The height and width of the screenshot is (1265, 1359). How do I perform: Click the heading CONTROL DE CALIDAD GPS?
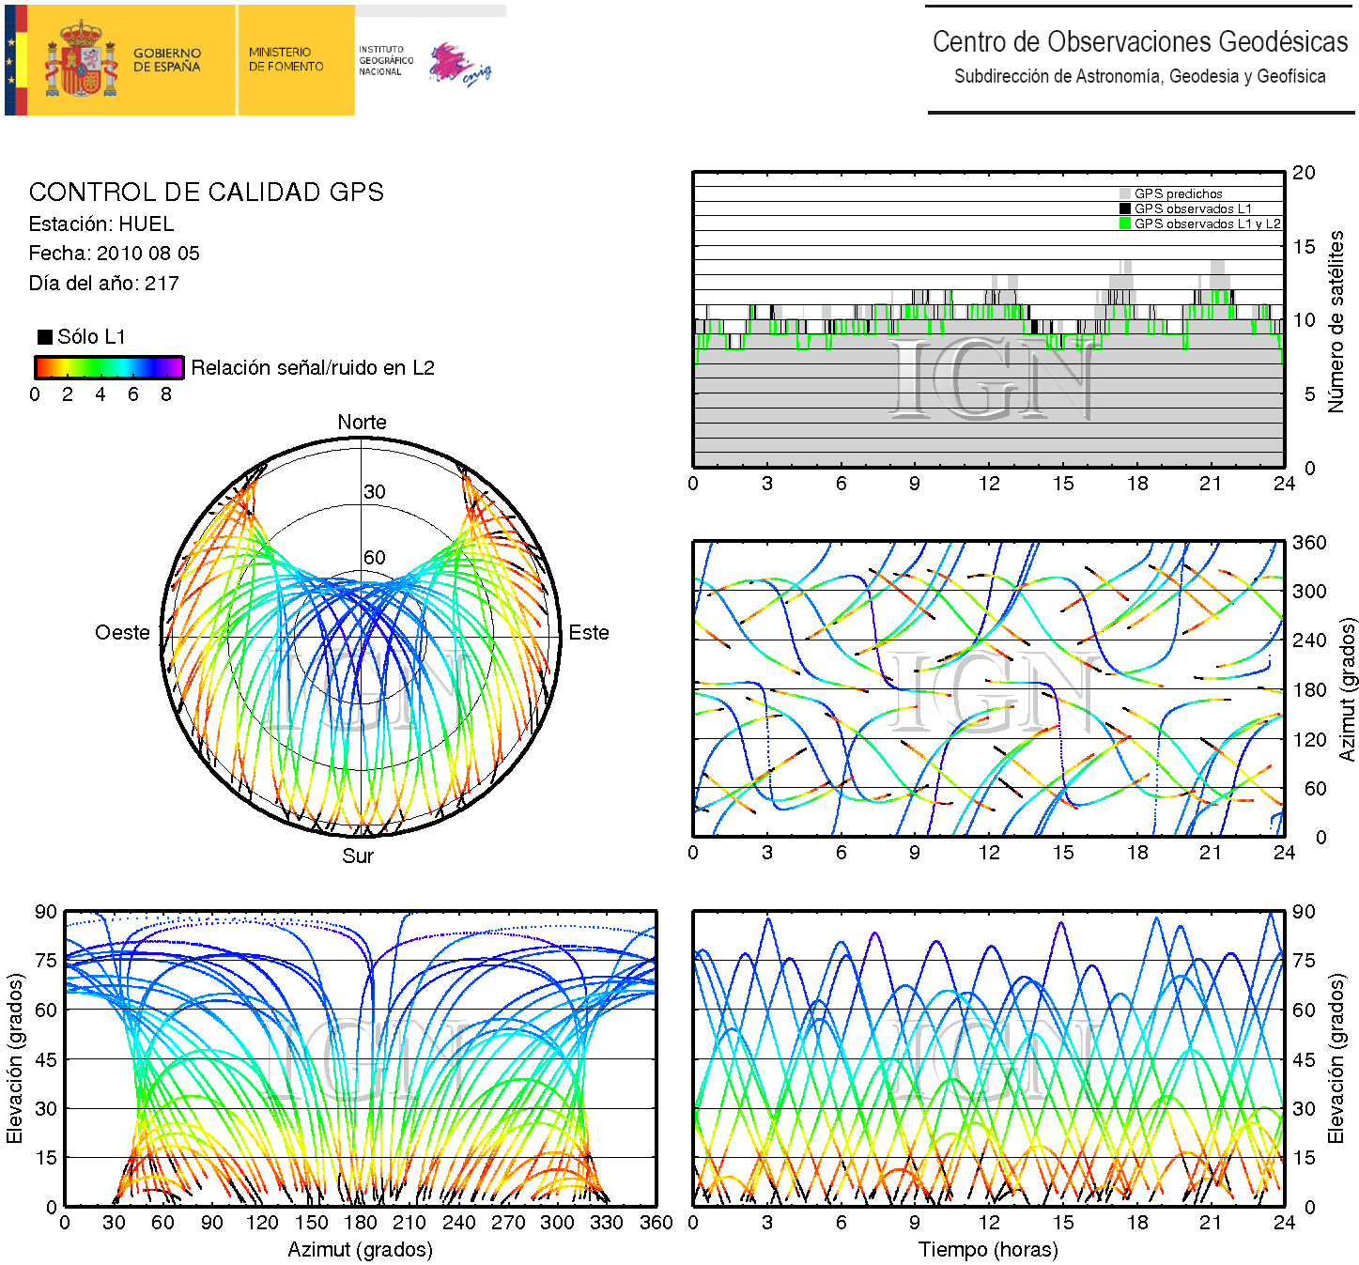click(x=206, y=193)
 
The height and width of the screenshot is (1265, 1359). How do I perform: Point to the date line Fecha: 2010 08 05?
click(x=114, y=254)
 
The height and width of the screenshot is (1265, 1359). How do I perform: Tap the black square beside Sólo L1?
click(x=45, y=337)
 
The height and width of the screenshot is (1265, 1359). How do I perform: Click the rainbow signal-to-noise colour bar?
click(x=108, y=367)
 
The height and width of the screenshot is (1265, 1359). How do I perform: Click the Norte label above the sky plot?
click(x=362, y=423)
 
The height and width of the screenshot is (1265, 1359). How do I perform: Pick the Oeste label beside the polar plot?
click(x=122, y=633)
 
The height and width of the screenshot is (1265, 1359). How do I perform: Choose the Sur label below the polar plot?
click(x=358, y=856)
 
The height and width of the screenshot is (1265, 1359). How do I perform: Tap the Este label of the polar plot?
click(x=589, y=633)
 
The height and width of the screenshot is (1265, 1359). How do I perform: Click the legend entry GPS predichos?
click(x=1178, y=194)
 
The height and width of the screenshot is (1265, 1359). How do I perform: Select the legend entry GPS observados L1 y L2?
click(x=1207, y=224)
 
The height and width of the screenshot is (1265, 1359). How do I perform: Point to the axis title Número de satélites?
click(x=1336, y=321)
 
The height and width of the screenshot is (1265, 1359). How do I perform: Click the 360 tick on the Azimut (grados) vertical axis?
click(x=1309, y=543)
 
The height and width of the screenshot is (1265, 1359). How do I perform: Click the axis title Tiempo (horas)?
click(x=988, y=1250)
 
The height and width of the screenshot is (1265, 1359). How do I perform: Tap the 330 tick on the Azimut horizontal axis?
click(x=606, y=1223)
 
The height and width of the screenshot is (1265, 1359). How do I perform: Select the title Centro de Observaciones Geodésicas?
click(x=1140, y=42)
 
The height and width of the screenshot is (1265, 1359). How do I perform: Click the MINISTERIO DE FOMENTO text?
click(x=286, y=60)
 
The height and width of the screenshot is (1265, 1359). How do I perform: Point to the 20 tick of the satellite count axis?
click(x=1304, y=173)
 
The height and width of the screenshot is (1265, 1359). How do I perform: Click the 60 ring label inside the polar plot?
click(x=375, y=558)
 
